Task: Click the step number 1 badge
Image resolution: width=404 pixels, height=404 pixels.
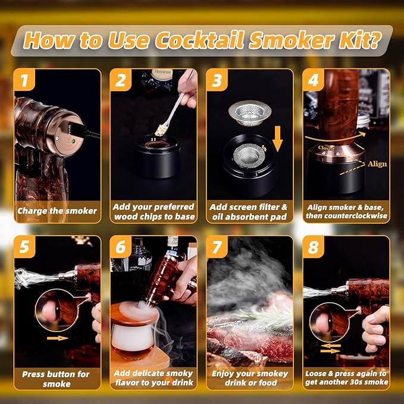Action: click(x=24, y=79)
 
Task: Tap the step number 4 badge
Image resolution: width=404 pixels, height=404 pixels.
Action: click(x=313, y=79)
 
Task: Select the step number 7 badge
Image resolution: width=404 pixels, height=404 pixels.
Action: click(x=217, y=246)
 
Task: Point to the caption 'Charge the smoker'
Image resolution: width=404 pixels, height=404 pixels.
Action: click(x=58, y=210)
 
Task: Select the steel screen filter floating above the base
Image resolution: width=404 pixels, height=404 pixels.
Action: click(x=250, y=110)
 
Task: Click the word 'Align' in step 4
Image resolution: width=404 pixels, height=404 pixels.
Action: click(x=377, y=164)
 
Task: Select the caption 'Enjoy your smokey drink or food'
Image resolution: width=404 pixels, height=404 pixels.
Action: click(x=250, y=379)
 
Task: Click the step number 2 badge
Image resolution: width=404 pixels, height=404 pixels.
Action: click(x=121, y=79)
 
